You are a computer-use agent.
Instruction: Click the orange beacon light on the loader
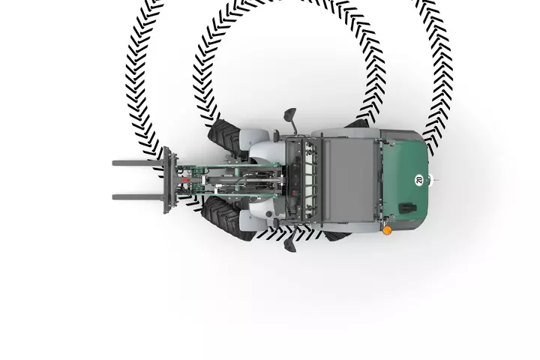click(387, 230)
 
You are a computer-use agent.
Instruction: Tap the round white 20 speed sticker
click(418, 180)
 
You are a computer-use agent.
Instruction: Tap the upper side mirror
click(289, 119)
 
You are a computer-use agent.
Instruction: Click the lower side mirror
click(289, 242)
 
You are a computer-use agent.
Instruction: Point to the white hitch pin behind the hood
click(436, 181)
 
